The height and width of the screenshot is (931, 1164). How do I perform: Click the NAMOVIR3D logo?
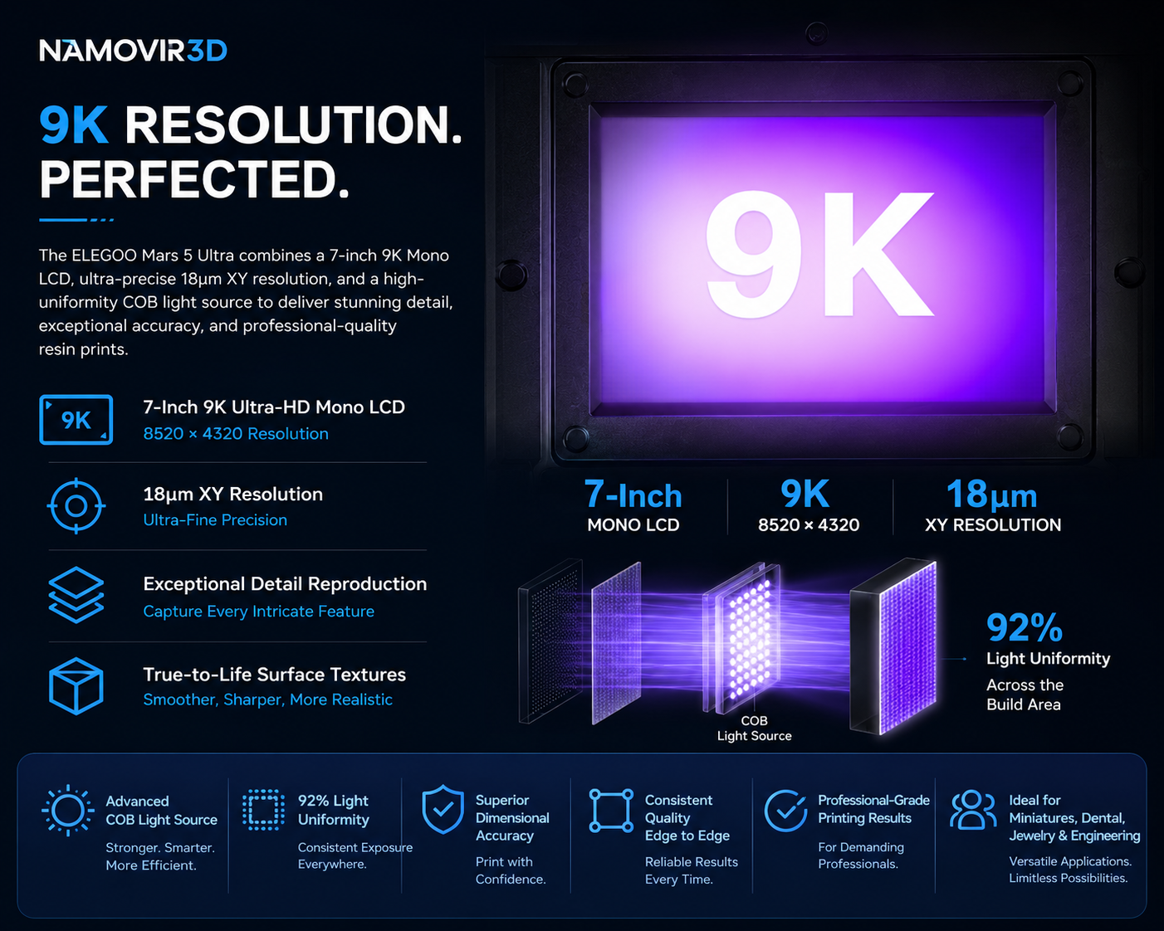click(133, 51)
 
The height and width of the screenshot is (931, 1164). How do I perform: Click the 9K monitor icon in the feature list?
click(76, 420)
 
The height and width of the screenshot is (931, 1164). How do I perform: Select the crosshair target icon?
click(76, 506)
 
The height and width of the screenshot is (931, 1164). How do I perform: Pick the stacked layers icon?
click(76, 595)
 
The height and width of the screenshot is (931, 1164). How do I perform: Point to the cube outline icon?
click(76, 686)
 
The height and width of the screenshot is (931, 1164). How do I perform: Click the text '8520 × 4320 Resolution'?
click(236, 434)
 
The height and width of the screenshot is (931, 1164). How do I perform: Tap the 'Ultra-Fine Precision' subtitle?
click(215, 520)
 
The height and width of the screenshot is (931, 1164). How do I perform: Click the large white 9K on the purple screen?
click(819, 254)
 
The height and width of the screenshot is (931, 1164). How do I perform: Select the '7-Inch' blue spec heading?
click(633, 495)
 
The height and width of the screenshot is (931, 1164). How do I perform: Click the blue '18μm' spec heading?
click(992, 495)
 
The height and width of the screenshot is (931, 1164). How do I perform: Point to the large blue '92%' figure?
click(1025, 627)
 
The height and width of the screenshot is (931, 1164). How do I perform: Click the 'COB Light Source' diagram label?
click(755, 729)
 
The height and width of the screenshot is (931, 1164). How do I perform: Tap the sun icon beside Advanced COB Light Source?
click(67, 810)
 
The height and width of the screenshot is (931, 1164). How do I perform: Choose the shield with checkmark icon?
click(443, 809)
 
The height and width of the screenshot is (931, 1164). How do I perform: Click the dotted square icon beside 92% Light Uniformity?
click(263, 809)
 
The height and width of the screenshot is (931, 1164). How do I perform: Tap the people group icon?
click(973, 809)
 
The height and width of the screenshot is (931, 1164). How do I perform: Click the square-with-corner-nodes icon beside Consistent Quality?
click(611, 810)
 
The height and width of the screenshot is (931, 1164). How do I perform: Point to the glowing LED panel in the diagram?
click(749, 638)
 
